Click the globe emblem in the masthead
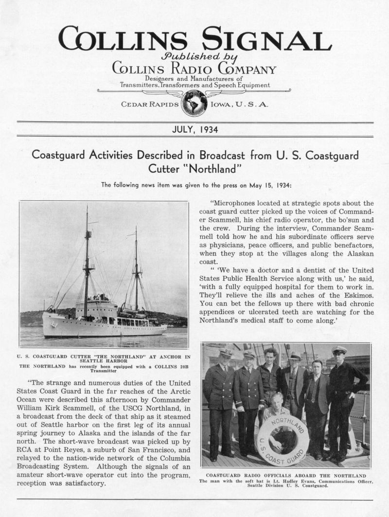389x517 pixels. (194, 103)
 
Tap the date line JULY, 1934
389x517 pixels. (194, 129)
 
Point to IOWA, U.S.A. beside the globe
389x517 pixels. (238, 104)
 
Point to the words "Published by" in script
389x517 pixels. (194, 55)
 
